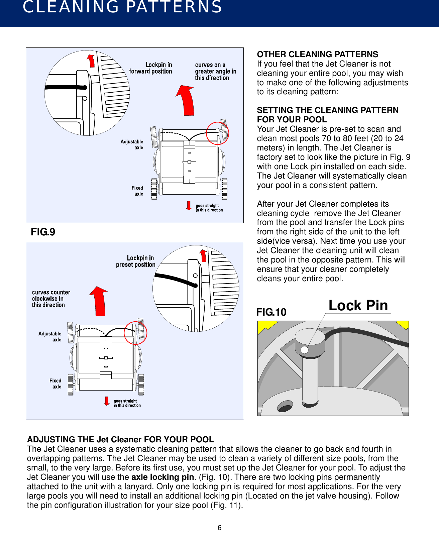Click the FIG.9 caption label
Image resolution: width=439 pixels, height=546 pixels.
click(43, 232)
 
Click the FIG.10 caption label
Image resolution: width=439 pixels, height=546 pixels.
click(271, 312)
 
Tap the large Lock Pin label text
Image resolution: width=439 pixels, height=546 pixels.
click(358, 305)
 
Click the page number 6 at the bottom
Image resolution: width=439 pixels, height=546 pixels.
click(219, 528)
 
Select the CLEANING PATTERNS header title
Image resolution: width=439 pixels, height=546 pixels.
click(122, 7)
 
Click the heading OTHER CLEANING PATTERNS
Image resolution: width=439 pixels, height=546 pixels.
click(317, 54)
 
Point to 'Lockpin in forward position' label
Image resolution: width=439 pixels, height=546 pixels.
click(151, 68)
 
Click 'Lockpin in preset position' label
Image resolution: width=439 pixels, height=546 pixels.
click(136, 261)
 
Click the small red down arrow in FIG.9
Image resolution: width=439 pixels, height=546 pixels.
click(189, 206)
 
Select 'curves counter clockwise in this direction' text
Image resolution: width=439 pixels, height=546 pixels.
click(50, 299)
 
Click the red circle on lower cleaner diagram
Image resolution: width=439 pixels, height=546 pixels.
click(135, 333)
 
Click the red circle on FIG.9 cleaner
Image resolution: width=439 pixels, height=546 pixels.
click(217, 133)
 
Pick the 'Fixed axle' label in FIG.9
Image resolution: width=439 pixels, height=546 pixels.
click(137, 191)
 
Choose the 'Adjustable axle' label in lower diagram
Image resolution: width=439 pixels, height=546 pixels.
click(50, 337)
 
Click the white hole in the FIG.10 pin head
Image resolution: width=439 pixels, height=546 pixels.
click(304, 350)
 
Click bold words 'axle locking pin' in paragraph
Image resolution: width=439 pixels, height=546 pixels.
click(162, 477)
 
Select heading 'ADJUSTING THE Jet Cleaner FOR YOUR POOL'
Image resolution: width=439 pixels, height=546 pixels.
click(120, 439)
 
